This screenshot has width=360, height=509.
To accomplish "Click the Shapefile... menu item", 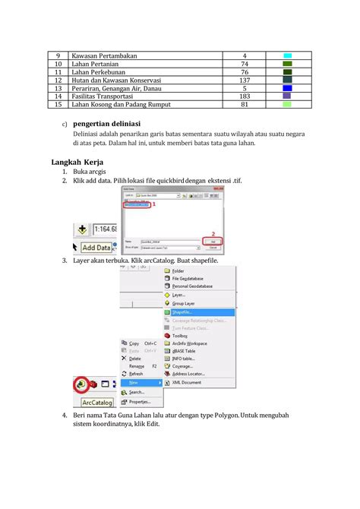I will (x=182, y=311).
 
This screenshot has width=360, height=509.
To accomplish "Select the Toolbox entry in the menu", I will (x=180, y=334).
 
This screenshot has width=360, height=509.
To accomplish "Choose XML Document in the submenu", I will (x=187, y=382).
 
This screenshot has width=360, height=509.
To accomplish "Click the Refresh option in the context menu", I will (x=136, y=374).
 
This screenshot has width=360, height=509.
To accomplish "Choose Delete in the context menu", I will (x=134, y=358).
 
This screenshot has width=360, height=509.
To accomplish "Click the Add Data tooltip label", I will (x=96, y=248).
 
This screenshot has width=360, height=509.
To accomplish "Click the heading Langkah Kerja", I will (x=78, y=162).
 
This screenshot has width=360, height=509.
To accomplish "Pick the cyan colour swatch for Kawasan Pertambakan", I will (x=288, y=56).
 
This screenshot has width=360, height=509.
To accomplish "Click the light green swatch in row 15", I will (x=287, y=104).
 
